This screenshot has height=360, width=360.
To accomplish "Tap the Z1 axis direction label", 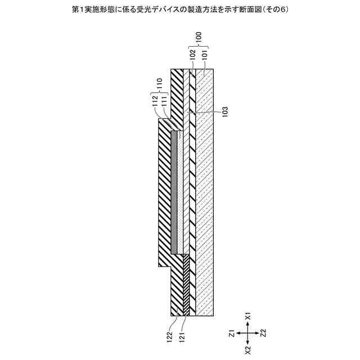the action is (x=232, y=334).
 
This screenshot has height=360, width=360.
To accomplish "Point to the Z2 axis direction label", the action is (x=263, y=334).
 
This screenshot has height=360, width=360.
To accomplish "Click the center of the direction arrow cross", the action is (x=247, y=334).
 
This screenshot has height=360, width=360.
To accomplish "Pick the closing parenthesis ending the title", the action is (x=294, y=10).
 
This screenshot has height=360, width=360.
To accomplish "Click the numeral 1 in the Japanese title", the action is (x=76, y=10).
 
